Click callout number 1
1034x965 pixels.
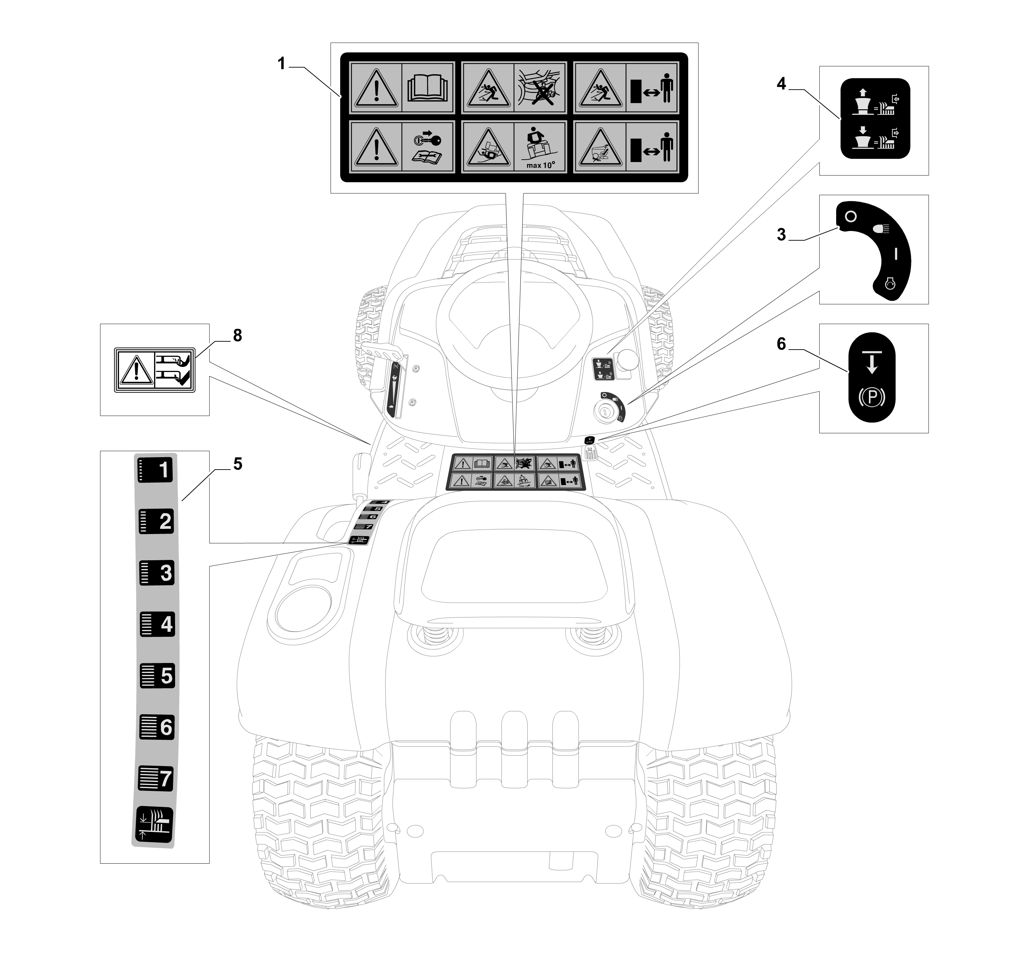point(281,64)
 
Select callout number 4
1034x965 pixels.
point(781,84)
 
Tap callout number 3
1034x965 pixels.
point(781,235)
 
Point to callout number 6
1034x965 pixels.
point(781,344)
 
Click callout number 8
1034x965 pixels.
point(237,335)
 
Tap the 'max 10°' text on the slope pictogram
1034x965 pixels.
point(540,165)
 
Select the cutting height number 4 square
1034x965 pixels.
point(157,624)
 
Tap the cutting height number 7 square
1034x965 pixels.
point(156,778)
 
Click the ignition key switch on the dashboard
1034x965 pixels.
point(607,411)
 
